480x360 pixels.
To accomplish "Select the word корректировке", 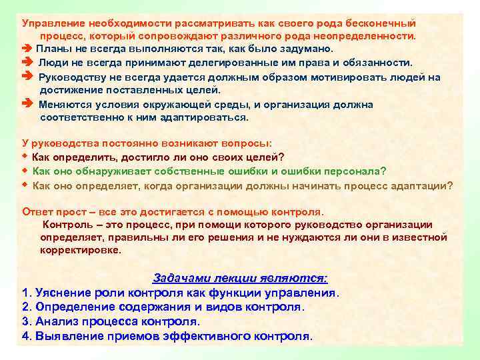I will (x=80, y=251).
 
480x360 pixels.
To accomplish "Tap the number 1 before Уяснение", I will (x=25, y=293).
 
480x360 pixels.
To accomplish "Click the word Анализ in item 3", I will (x=55, y=321).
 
